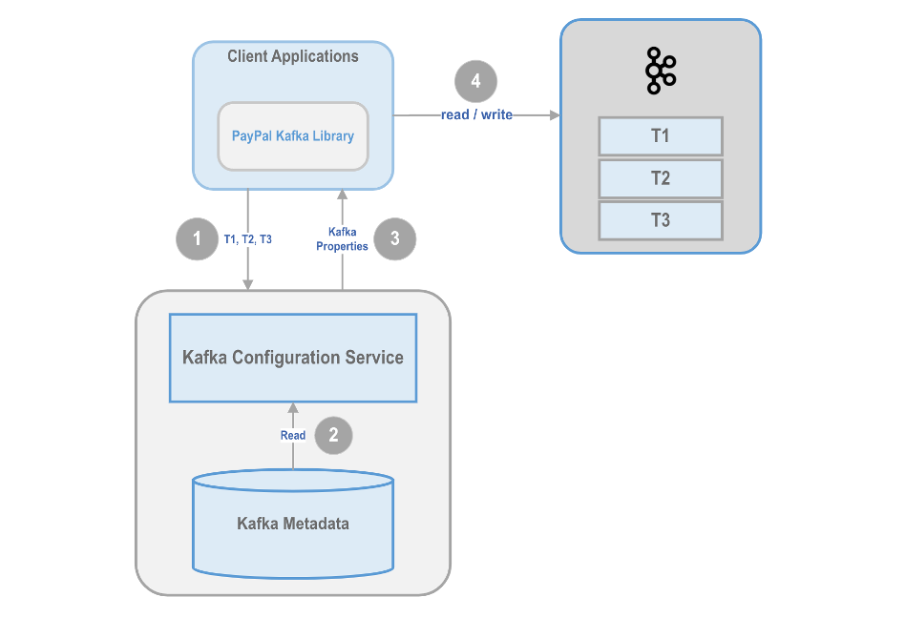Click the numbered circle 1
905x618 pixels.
tap(197, 238)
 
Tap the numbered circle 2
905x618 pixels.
tap(333, 435)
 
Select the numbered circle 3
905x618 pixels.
tap(395, 238)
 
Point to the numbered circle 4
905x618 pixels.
tap(475, 81)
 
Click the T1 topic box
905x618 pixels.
tap(661, 136)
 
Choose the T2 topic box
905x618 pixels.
tap(661, 178)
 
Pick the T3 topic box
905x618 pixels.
tap(661, 220)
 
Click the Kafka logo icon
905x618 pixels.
tap(661, 71)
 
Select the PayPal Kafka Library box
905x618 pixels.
tap(293, 136)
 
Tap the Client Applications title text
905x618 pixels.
tap(293, 56)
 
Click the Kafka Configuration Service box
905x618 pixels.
tap(293, 358)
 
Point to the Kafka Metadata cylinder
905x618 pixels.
tap(293, 524)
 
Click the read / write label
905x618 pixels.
tap(476, 114)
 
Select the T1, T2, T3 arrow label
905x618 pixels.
tap(247, 239)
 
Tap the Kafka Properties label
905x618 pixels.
tap(342, 238)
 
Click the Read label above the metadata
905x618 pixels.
tap(293, 435)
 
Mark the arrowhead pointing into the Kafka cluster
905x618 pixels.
tap(555, 115)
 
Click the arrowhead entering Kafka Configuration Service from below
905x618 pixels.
tap(293, 407)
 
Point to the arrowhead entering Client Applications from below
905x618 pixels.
tap(343, 195)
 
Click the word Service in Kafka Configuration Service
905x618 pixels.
tap(374, 358)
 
